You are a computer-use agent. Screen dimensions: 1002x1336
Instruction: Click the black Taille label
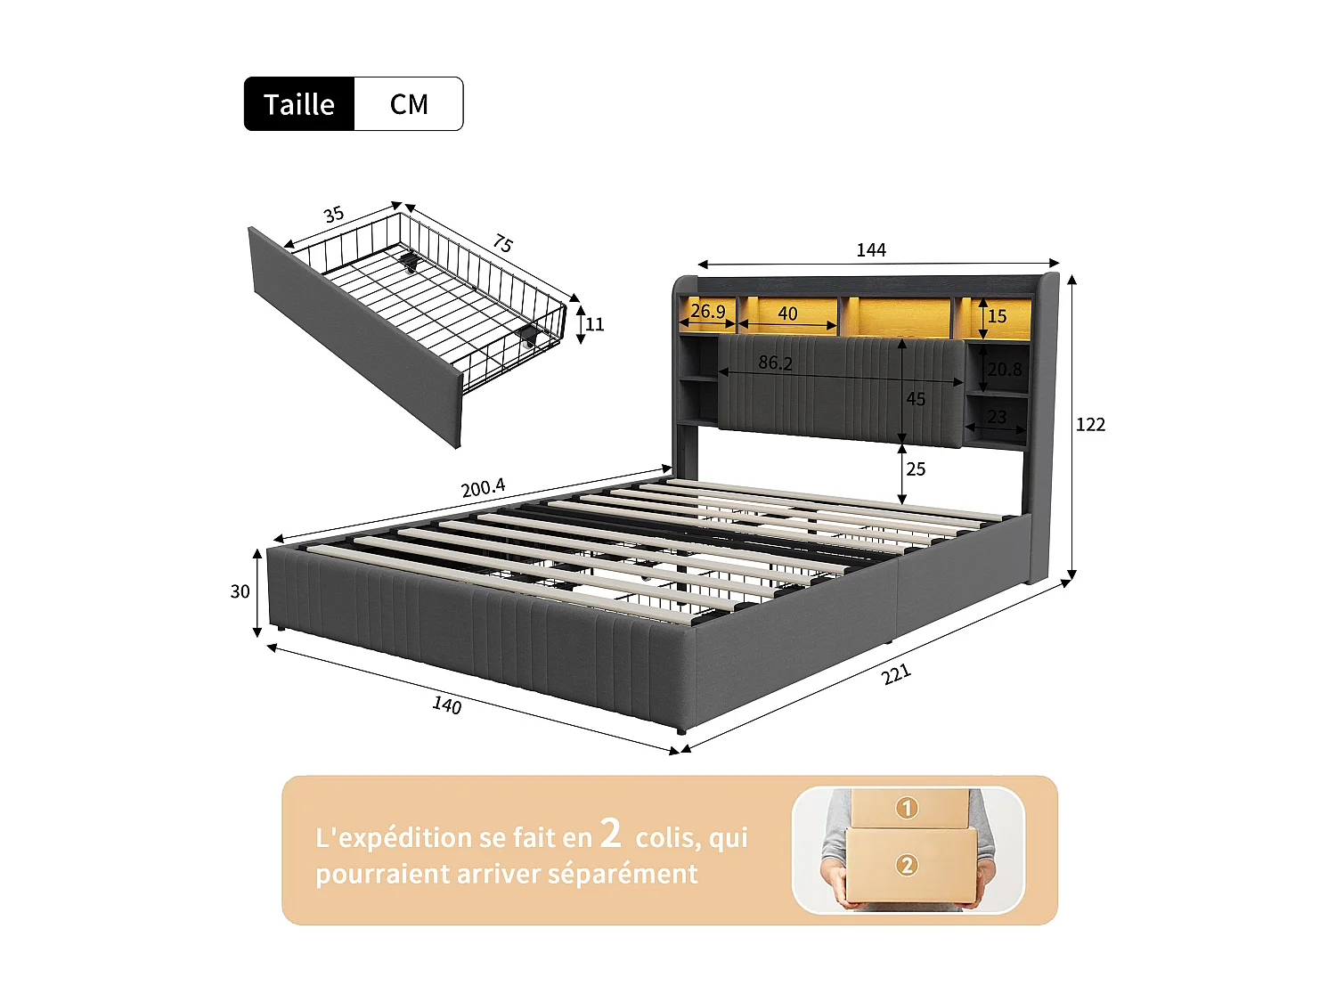pyautogui.click(x=299, y=104)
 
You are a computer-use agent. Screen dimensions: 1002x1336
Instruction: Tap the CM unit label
pyautogui.click(x=409, y=104)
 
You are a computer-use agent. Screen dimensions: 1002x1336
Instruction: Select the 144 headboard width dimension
pyautogui.click(x=871, y=250)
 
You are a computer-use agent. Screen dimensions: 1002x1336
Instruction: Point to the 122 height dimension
pyautogui.click(x=1090, y=425)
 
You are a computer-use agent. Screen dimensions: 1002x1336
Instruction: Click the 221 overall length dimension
pyautogui.click(x=896, y=674)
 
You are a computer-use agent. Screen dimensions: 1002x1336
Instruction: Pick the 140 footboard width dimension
pyautogui.click(x=447, y=705)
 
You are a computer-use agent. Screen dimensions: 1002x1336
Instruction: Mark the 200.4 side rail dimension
pyautogui.click(x=483, y=488)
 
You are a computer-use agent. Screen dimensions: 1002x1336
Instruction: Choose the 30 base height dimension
pyautogui.click(x=240, y=591)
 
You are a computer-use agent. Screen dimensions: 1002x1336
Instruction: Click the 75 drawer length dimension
pyautogui.click(x=503, y=243)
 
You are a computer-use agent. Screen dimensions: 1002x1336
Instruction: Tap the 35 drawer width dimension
pyautogui.click(x=334, y=215)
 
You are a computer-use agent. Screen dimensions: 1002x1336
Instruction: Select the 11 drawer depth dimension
pyautogui.click(x=595, y=324)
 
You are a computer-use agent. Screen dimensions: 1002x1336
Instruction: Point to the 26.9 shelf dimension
pyautogui.click(x=708, y=311)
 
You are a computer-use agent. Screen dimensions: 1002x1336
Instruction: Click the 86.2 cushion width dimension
pyautogui.click(x=775, y=363)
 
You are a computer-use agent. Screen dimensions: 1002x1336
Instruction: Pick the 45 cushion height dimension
pyautogui.click(x=916, y=399)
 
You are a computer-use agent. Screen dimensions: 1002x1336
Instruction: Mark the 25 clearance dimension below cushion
pyautogui.click(x=916, y=469)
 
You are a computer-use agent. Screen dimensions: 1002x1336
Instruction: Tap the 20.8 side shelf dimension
pyautogui.click(x=1005, y=369)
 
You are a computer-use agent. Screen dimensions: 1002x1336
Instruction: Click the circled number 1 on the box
pyautogui.click(x=907, y=808)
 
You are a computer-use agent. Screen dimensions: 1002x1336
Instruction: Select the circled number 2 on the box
pyautogui.click(x=907, y=865)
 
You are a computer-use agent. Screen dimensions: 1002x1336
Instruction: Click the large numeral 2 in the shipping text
pyautogui.click(x=611, y=834)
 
